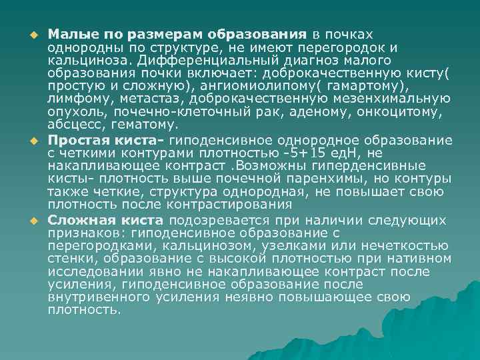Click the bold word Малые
[x=69, y=34]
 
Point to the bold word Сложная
[x=78, y=220]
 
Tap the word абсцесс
[x=74, y=127]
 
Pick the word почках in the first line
[x=349, y=34]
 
